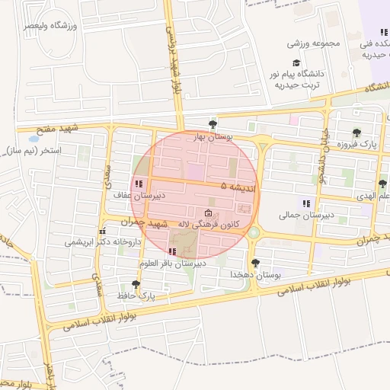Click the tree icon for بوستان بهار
tap(213, 124)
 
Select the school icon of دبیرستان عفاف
tap(139, 184)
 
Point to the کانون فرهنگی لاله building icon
tap(209, 213)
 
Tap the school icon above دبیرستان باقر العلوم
tap(172, 251)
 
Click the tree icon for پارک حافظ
tap(136, 283)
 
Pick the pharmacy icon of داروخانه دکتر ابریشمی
tap(102, 231)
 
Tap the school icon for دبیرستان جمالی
tap(306, 203)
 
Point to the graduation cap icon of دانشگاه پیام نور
tap(296, 63)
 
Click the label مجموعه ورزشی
tap(313, 43)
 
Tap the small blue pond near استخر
tap(33, 139)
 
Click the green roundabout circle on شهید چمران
tap(254, 232)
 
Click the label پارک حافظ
tap(136, 295)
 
